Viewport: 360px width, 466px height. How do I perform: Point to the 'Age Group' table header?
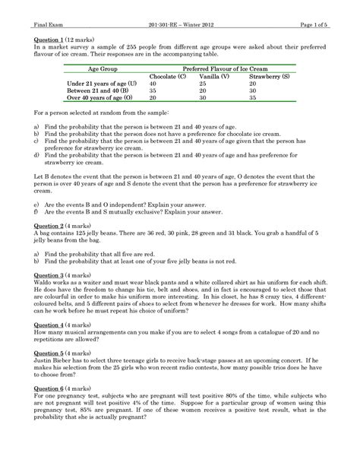pyautogui.click(x=97, y=68)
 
